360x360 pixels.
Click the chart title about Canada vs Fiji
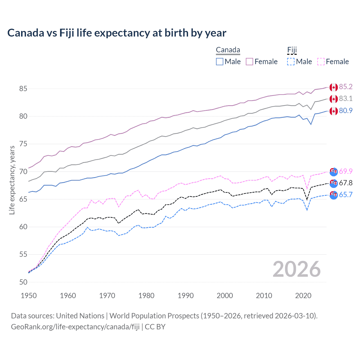(117, 33)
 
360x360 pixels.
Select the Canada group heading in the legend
(228, 50)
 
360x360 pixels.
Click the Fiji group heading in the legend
(292, 50)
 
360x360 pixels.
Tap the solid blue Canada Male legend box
(220, 62)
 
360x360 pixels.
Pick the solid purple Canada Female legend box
(249, 62)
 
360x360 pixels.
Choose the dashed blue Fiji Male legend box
(291, 62)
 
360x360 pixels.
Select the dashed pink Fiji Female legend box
(321, 62)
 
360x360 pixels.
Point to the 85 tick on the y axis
(23, 89)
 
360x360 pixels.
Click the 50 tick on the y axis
(23, 282)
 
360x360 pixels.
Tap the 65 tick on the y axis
(23, 199)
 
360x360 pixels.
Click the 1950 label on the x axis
(29, 296)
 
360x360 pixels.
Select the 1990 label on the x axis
(186, 296)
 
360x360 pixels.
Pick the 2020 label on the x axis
(303, 296)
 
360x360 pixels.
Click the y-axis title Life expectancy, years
(12, 180)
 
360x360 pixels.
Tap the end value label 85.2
(346, 87)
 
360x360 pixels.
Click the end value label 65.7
(346, 195)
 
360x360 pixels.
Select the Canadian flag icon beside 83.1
(334, 99)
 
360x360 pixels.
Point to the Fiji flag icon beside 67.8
(334, 183)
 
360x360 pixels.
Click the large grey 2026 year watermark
(296, 269)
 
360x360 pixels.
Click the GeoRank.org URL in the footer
(75, 327)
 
